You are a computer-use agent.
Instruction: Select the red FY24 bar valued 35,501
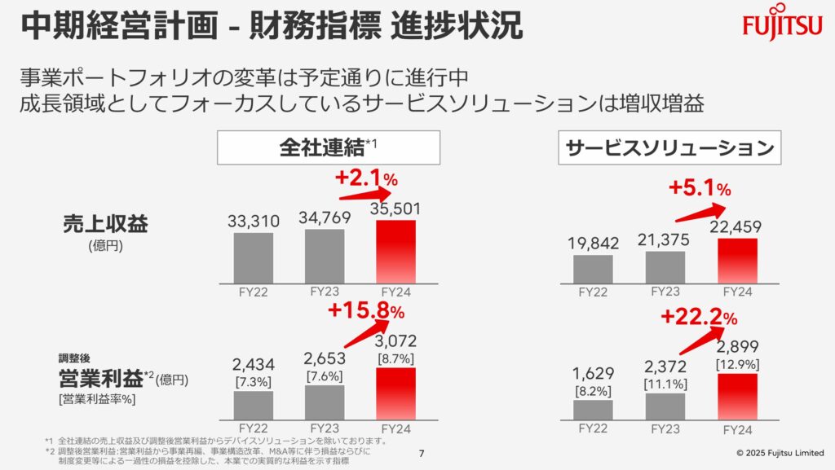396,251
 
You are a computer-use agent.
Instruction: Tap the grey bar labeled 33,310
253,257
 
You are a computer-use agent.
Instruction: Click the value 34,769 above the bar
325,218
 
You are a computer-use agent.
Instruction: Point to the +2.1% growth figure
366,178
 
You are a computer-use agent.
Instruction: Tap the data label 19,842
592,243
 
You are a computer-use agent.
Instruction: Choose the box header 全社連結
328,148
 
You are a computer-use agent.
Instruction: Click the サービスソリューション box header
669,148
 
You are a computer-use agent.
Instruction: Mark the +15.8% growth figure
366,310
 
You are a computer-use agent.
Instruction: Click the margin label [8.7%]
396,358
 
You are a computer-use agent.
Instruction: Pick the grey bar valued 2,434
253,404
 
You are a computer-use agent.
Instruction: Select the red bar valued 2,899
737,396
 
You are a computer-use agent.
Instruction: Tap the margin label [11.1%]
665,384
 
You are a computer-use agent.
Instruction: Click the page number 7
421,453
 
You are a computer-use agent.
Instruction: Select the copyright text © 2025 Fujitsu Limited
780,453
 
